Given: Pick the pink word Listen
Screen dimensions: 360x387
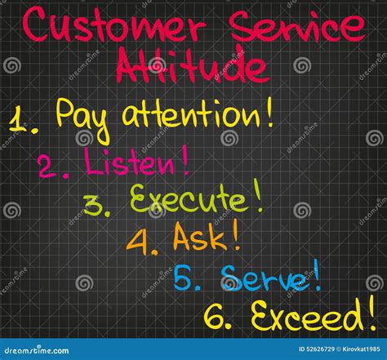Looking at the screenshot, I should [x=131, y=163].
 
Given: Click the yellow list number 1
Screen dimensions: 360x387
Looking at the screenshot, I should [x=21, y=120].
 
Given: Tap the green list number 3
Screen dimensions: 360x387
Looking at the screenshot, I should [x=96, y=207].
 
